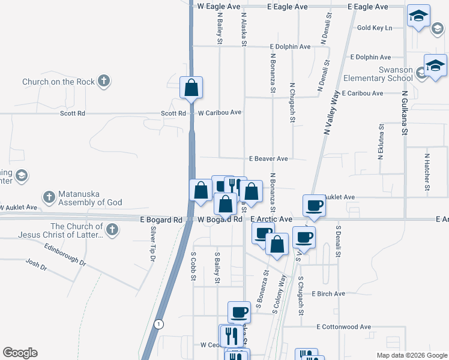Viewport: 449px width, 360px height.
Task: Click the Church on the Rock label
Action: click(58, 82)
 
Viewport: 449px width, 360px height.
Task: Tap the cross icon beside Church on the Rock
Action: click(104, 81)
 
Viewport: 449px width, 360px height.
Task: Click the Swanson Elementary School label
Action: click(378, 74)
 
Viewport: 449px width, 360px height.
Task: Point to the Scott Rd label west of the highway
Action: click(72, 113)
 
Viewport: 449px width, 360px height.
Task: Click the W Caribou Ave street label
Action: click(220, 112)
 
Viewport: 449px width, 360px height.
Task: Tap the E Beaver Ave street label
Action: click(269, 159)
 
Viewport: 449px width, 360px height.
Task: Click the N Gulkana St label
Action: click(405, 113)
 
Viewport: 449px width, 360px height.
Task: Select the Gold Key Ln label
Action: click(374, 28)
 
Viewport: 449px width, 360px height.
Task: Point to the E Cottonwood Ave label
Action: click(344, 327)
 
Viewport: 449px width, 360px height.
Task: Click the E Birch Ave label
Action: click(328, 294)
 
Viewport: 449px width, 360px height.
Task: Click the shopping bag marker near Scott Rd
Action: click(191, 88)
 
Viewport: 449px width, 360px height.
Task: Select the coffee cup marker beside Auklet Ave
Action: click(314, 206)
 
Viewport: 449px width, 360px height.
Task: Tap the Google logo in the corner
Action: click(20, 353)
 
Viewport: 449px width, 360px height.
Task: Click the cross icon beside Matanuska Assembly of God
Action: click(49, 197)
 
